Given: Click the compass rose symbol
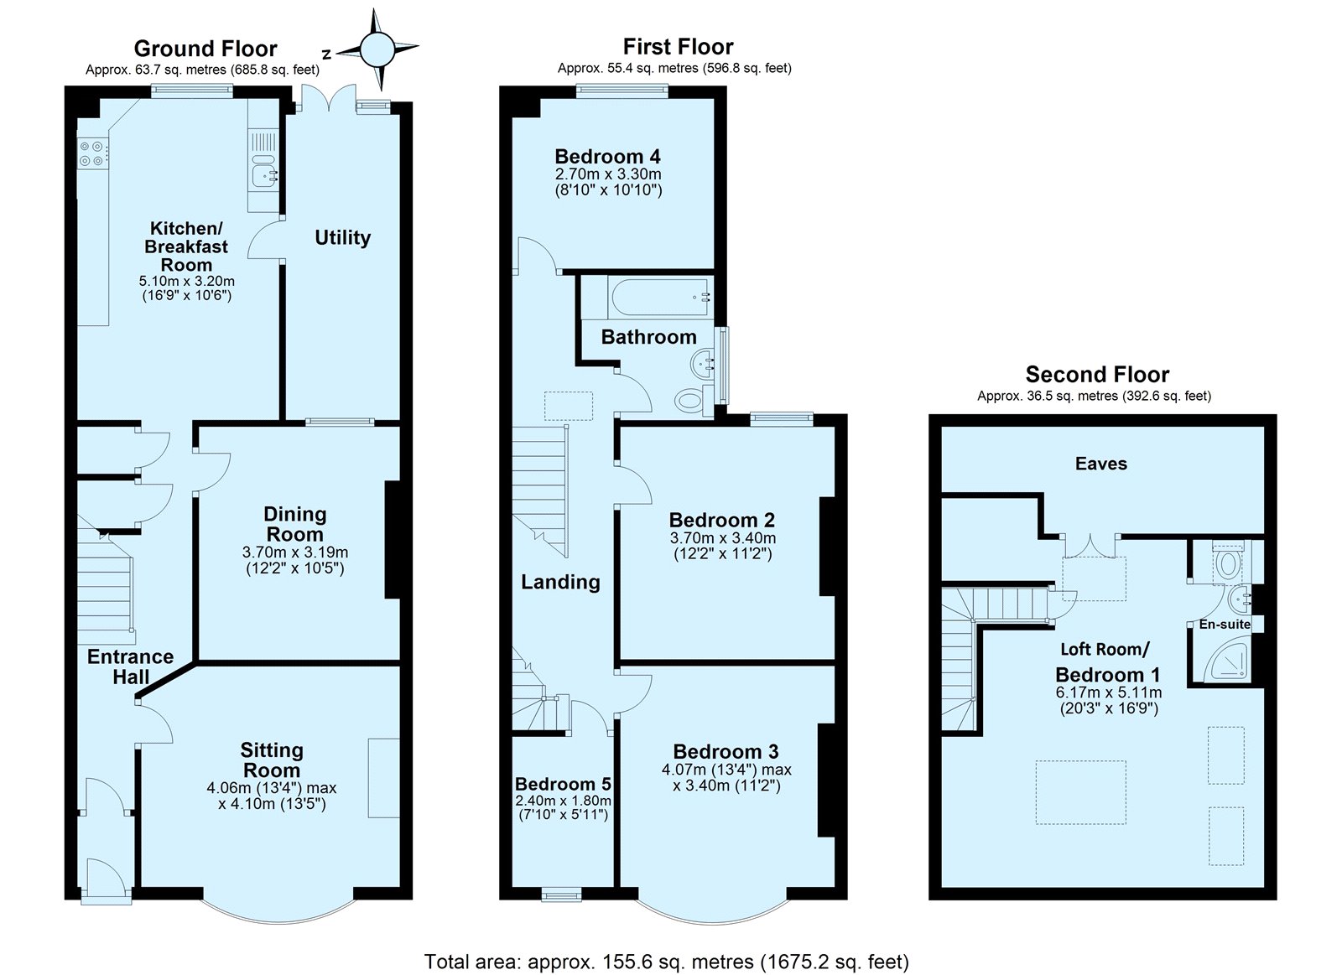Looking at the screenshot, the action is pos(377,49).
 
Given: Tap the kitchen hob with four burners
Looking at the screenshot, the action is pos(93,153).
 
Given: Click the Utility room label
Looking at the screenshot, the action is pos(343,238).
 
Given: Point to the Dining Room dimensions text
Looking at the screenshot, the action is pos(294,560).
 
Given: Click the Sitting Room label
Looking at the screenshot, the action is pos(272,760).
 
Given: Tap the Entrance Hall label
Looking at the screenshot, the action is pos(131,666).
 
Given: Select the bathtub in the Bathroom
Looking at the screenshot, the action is pos(660,297).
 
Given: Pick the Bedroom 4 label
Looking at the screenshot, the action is pos(607,156).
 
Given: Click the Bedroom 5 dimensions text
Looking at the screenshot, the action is pos(563,807).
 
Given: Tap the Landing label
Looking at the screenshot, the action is pos(560,582).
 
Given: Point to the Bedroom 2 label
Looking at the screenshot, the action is pos(722,519).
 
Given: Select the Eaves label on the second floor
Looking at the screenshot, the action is pos(1101,464).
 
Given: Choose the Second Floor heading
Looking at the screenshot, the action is pos(1098,374).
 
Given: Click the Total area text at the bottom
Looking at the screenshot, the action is pos(666,945).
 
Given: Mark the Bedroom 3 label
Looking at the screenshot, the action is pos(726,751).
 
